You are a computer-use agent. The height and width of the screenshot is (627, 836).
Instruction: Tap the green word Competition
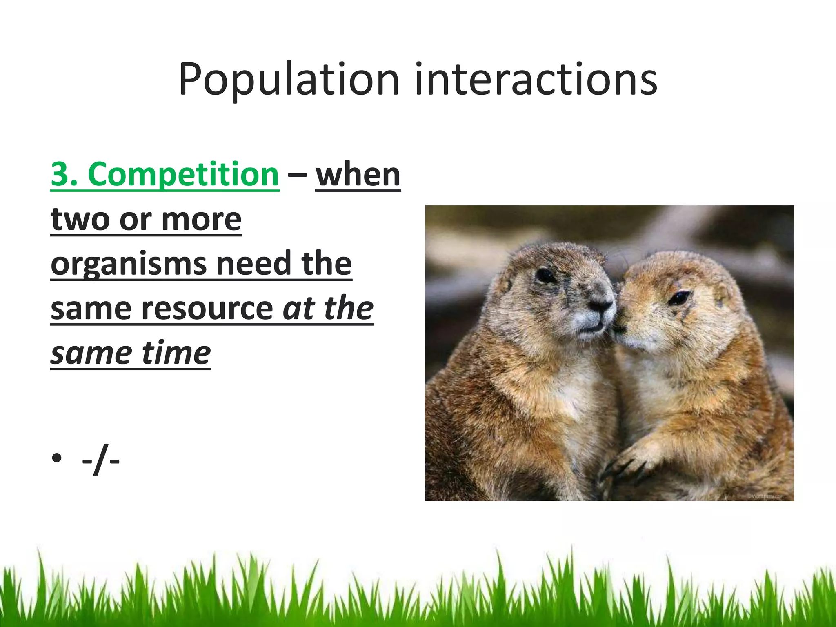[183, 175]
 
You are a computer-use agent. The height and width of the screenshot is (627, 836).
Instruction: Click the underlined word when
[358, 175]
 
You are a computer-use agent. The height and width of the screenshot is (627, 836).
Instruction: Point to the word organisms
[129, 265]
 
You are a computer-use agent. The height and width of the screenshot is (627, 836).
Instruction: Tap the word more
[201, 220]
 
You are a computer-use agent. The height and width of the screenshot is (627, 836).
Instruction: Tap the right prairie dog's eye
[679, 298]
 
